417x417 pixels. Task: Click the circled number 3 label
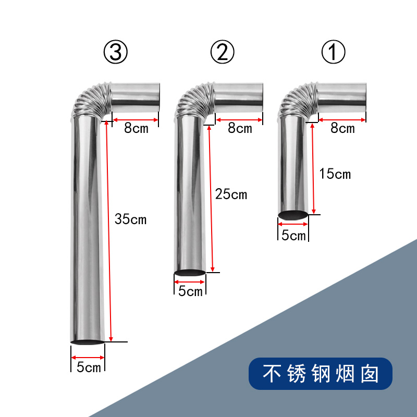click(x=115, y=52)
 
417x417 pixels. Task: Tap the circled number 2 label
click(x=223, y=52)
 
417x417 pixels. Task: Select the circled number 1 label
click(x=333, y=52)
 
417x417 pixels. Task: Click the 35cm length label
click(x=131, y=219)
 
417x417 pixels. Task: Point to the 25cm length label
click(x=231, y=194)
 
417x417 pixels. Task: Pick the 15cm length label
click(x=335, y=174)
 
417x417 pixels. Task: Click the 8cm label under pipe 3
click(x=136, y=128)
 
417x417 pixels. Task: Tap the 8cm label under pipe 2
click(x=240, y=128)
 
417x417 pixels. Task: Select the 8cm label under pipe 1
click(x=342, y=128)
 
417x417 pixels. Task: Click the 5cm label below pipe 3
click(x=89, y=367)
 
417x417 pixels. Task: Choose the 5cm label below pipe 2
click(x=190, y=291)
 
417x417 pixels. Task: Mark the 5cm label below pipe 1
click(x=293, y=236)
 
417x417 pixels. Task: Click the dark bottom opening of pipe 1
click(x=293, y=215)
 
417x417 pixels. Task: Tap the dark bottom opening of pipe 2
click(x=190, y=273)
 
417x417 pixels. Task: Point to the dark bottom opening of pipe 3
click(x=88, y=342)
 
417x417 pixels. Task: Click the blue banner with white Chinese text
click(x=321, y=374)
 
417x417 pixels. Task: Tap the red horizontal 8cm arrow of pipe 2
click(x=239, y=120)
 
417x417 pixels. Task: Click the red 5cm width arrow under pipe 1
click(x=293, y=224)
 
